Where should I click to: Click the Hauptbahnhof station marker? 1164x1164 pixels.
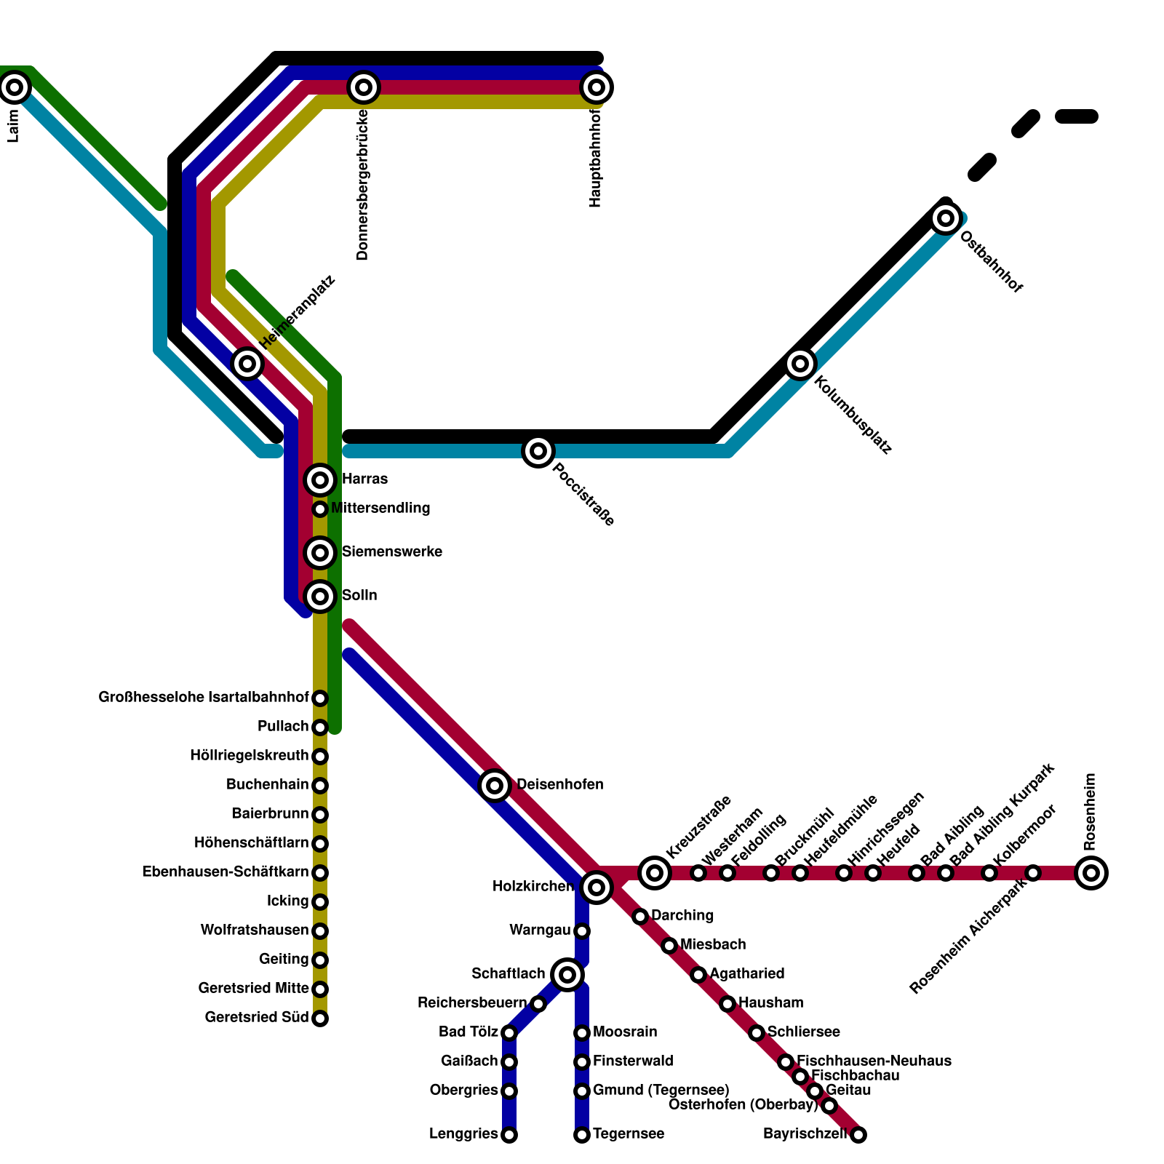tap(597, 87)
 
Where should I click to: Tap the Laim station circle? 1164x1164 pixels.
tap(15, 87)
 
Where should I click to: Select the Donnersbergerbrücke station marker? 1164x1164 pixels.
tap(364, 87)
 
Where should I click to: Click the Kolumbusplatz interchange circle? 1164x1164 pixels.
tap(800, 363)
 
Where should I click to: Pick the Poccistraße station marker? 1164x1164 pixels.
tap(538, 451)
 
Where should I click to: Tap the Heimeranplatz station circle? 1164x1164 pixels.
tap(247, 363)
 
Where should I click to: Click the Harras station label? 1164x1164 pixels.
tap(364, 479)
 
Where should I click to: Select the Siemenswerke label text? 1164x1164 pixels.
tap(391, 552)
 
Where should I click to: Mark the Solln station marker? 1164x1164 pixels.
tap(320, 597)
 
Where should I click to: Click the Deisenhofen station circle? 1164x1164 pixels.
tap(495, 785)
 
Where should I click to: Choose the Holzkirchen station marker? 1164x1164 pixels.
tap(597, 887)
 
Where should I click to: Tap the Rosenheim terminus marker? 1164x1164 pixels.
tap(1091, 872)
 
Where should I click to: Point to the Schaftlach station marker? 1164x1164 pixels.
tap(567, 974)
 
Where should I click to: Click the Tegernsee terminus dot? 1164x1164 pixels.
tap(582, 1134)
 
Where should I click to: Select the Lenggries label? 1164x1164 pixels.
tap(463, 1134)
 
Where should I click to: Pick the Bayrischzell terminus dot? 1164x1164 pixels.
tap(858, 1134)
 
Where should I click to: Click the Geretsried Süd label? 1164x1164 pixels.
tap(257, 1018)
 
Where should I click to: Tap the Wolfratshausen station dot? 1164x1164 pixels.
tap(320, 930)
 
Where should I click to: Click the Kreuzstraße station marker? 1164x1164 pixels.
tap(655, 872)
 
